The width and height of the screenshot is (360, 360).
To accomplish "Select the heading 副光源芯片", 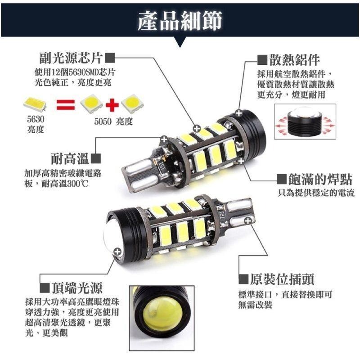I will click(71, 58).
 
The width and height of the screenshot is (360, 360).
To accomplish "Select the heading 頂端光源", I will click(76, 287).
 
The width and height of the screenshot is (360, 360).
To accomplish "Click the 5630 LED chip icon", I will click(36, 104).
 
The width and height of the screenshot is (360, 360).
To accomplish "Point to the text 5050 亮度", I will click(113, 122).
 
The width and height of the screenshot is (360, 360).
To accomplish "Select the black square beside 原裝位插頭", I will click(243, 279).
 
